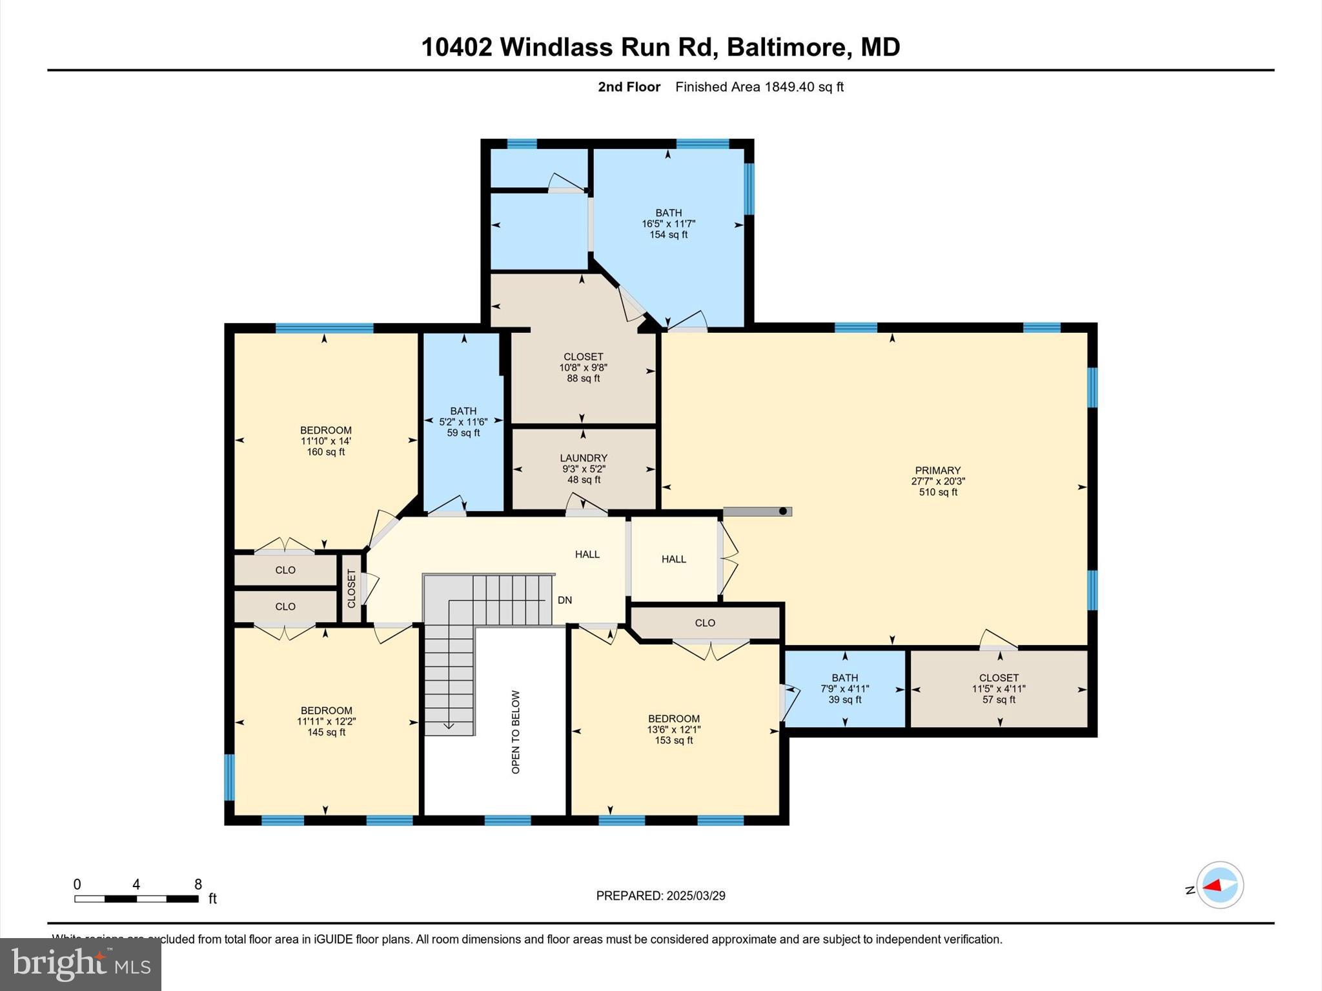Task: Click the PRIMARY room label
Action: pyautogui.click(x=937, y=470)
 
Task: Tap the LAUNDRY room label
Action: pyautogui.click(x=584, y=458)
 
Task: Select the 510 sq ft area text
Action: pyautogui.click(x=938, y=492)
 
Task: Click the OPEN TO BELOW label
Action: pyautogui.click(x=516, y=732)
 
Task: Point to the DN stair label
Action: pyautogui.click(x=565, y=600)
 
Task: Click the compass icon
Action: pyautogui.click(x=1219, y=885)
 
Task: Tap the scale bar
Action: pyautogui.click(x=136, y=899)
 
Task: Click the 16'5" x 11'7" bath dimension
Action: pyautogui.click(x=668, y=224)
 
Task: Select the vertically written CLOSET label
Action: pyautogui.click(x=352, y=588)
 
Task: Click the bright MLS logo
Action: pyautogui.click(x=81, y=964)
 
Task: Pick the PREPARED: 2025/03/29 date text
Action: pyautogui.click(x=660, y=896)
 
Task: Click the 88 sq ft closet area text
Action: pyautogui.click(x=584, y=379)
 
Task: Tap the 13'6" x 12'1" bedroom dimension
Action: pyautogui.click(x=673, y=730)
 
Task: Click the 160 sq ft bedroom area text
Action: pyautogui.click(x=326, y=452)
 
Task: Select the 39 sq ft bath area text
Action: pyautogui.click(x=844, y=699)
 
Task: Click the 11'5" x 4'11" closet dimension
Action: pyautogui.click(x=999, y=688)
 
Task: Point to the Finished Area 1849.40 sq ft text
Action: pyautogui.click(x=759, y=87)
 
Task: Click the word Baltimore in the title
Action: pyautogui.click(x=786, y=47)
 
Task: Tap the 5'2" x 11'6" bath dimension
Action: pyautogui.click(x=463, y=422)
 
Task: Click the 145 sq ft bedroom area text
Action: pyautogui.click(x=326, y=732)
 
